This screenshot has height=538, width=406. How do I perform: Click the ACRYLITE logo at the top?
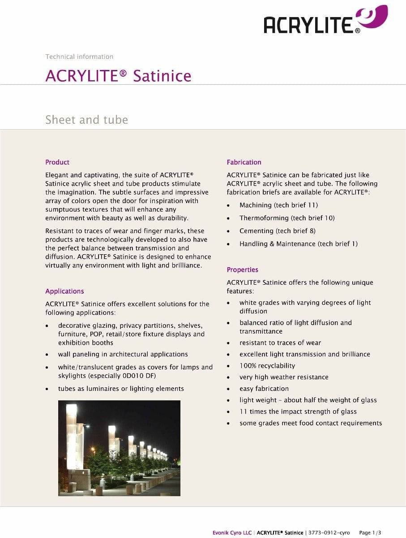point(325,21)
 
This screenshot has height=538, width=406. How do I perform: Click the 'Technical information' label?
point(79,56)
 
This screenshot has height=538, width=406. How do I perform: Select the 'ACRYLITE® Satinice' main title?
point(118,76)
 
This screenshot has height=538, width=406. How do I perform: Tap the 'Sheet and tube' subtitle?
point(86,120)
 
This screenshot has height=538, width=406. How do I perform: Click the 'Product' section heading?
point(57,162)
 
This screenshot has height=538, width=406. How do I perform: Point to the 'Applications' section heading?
point(64,291)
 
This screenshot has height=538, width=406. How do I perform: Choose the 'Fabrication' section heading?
point(244,162)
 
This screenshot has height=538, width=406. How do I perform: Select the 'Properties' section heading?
point(242,270)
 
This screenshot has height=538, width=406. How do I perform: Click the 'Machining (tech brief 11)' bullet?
point(278,205)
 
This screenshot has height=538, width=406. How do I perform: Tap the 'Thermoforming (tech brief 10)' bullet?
point(287,218)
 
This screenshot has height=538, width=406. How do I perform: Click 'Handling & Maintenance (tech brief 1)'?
point(298,244)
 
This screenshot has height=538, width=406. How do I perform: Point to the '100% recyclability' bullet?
point(267,366)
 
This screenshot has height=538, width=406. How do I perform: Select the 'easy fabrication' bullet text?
point(264,389)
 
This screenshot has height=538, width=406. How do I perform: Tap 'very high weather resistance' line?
point(284,377)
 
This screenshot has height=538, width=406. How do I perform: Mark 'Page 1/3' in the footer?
point(370,533)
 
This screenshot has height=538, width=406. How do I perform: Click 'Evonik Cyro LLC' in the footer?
point(232,533)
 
